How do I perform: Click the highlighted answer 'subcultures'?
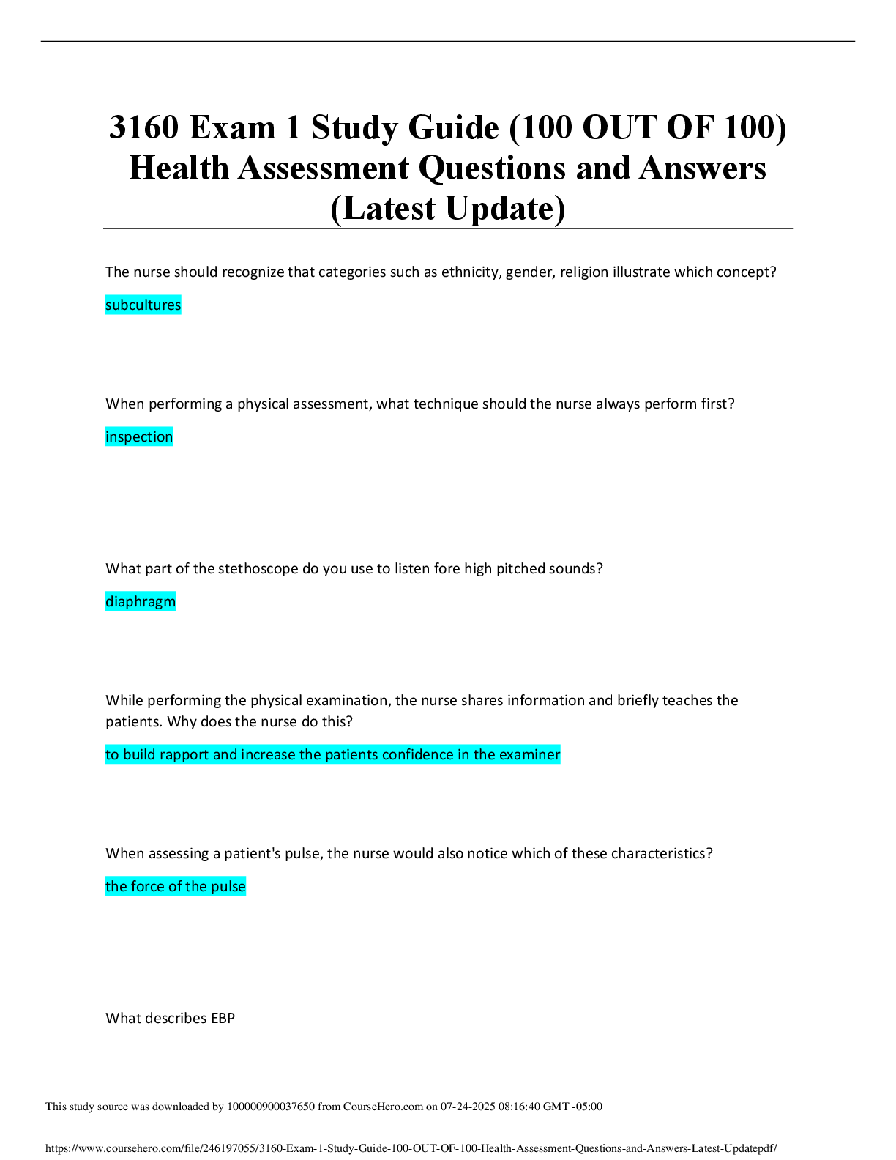coord(143,305)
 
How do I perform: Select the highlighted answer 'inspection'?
coord(139,436)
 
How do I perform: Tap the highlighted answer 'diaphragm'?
coord(141,602)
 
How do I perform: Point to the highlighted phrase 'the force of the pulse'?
coord(176,886)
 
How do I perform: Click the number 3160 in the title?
coord(143,128)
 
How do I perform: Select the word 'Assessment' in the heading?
coord(324,168)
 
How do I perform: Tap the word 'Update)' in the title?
coord(505,209)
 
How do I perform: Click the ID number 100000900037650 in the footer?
coord(271,1107)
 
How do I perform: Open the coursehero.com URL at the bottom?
coord(411,1148)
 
